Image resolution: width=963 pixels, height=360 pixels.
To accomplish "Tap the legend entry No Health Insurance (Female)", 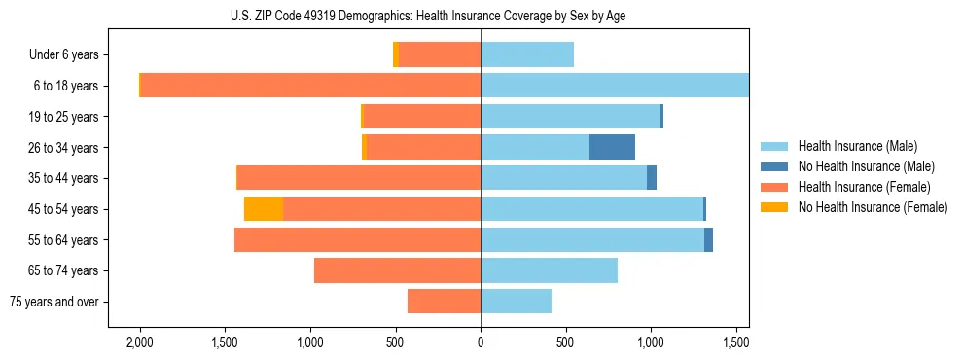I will coord(873,207).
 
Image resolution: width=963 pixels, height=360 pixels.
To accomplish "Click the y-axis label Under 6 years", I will coord(64,54).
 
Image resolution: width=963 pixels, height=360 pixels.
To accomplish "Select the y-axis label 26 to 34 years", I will coord(65,148).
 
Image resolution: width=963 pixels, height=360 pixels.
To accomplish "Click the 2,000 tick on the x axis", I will coord(140,342).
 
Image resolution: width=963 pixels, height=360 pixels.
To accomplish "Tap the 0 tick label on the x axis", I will coord(481,342).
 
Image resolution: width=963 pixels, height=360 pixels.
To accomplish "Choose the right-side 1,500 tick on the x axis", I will coord(735,342).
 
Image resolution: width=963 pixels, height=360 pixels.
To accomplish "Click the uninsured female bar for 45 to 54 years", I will coord(264,209).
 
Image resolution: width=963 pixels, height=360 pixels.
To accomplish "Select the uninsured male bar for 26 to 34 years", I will coord(612,147).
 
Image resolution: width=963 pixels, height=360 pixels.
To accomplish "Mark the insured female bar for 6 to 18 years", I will coord(310,86).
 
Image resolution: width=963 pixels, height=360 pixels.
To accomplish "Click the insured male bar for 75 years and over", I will coord(516,302).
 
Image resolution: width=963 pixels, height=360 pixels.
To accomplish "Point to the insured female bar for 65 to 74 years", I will coord(397,270).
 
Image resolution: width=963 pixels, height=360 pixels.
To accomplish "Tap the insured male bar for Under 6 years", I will coord(527,54).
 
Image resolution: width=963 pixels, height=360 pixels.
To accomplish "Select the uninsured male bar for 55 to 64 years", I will coord(708,239).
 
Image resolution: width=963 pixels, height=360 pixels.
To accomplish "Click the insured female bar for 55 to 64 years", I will coord(357,239).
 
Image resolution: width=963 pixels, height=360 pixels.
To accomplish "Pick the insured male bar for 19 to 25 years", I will coord(570,117).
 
